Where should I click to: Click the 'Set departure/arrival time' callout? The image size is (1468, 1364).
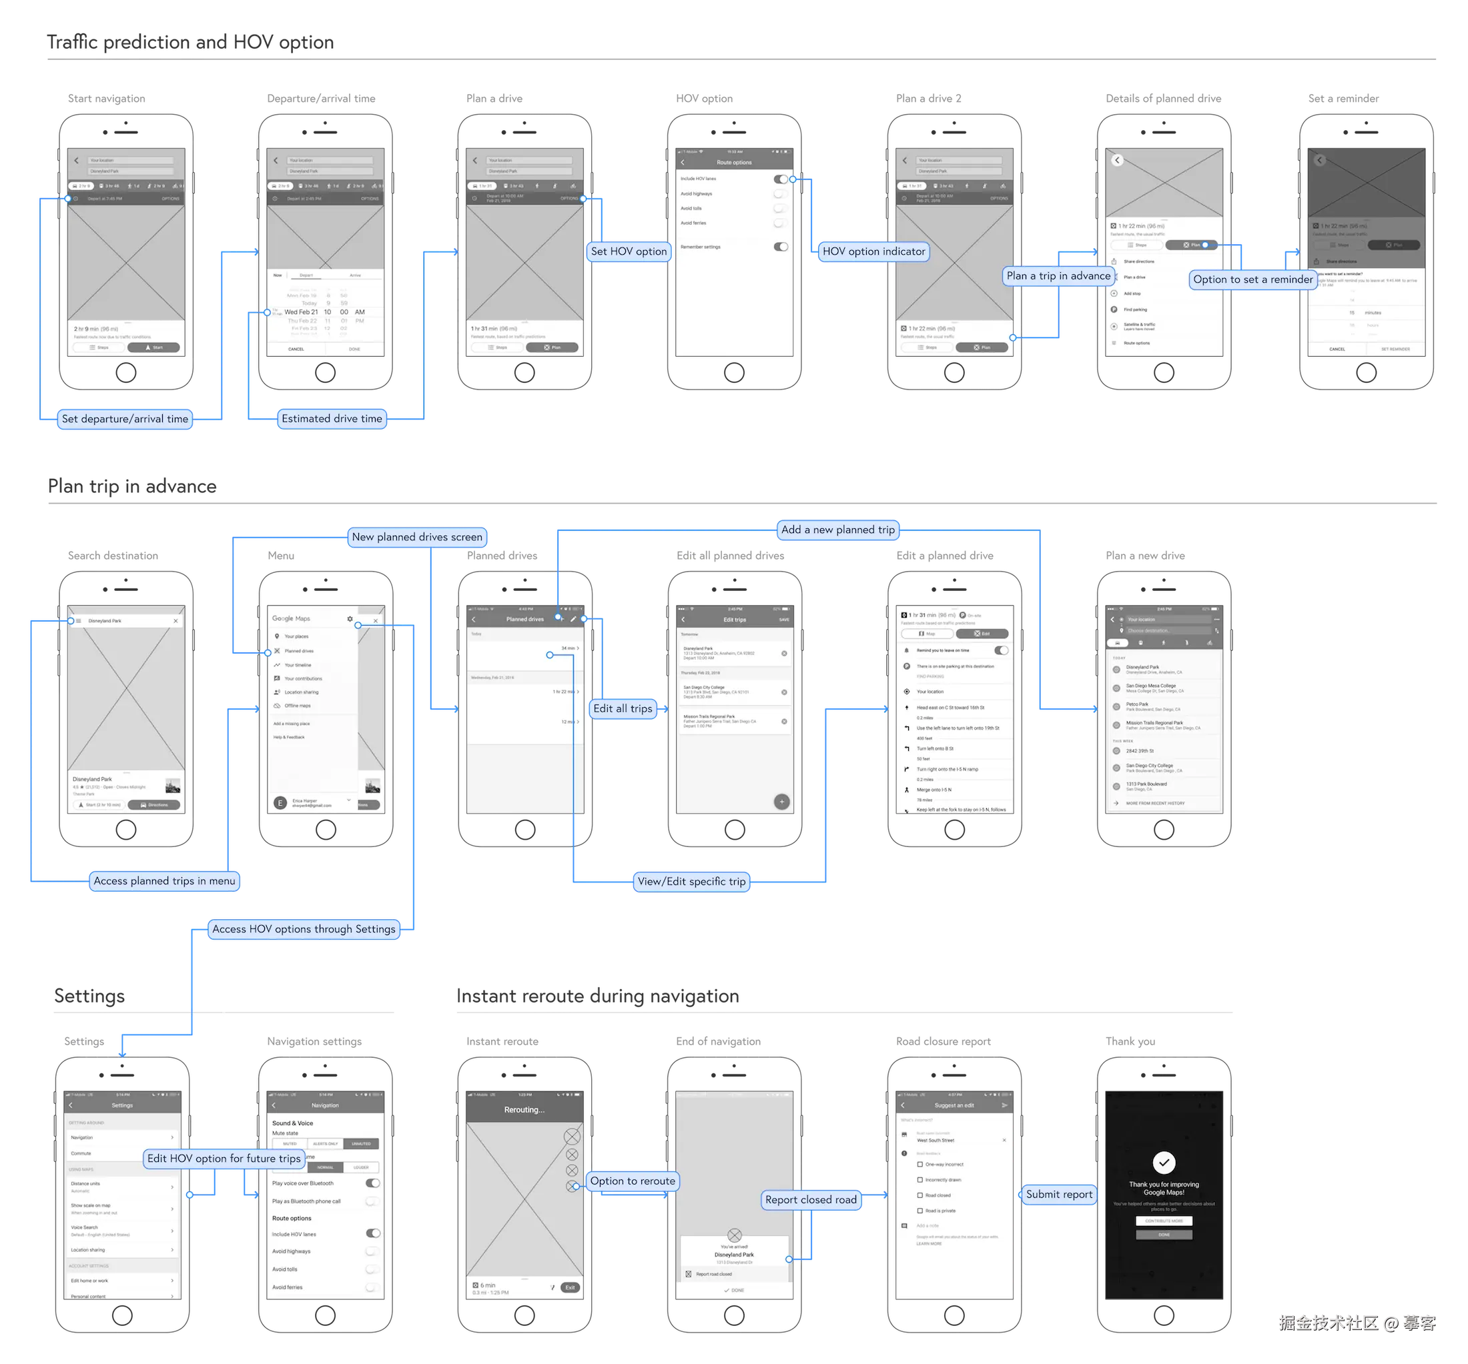[125, 420]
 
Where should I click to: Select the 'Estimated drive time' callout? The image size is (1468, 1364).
[332, 418]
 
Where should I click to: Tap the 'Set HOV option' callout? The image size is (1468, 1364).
[629, 251]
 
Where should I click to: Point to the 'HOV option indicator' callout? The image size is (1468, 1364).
[873, 251]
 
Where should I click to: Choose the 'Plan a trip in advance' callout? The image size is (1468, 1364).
[1058, 276]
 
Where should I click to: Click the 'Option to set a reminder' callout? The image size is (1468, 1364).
[1252, 279]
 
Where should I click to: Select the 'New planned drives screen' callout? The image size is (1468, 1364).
[416, 538]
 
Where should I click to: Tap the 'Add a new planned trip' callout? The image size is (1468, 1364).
[837, 530]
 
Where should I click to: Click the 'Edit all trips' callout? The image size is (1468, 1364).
[623, 708]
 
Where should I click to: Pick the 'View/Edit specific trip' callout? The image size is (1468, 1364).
[691, 881]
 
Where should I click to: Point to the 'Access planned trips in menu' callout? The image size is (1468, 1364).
[164, 880]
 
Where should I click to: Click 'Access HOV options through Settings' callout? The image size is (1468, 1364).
[304, 929]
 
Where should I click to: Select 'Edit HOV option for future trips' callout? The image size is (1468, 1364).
[224, 1159]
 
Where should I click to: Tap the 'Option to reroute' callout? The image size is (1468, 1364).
[632, 1181]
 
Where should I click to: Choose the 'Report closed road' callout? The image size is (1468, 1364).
[811, 1200]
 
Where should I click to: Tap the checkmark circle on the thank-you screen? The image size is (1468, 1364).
[1164, 1163]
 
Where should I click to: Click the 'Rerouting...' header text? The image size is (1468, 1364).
[524, 1110]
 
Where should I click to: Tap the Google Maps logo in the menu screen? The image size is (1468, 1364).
[291, 618]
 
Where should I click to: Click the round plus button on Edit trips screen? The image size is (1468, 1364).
[782, 802]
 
